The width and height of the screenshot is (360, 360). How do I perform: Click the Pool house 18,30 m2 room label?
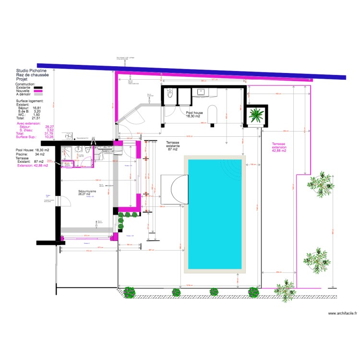[194, 114]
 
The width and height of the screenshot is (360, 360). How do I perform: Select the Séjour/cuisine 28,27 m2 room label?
[88, 192]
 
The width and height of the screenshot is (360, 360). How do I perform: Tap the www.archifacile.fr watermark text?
[342, 313]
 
